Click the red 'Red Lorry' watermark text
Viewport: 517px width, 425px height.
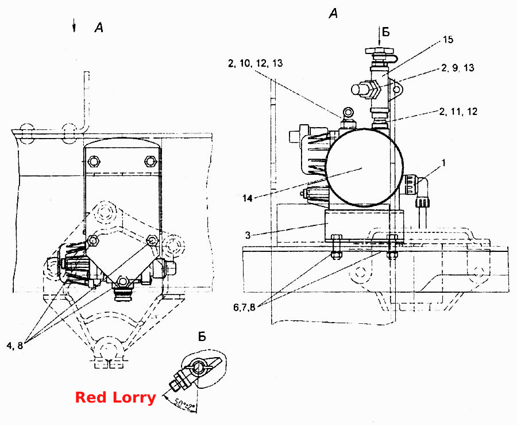(x=115, y=397)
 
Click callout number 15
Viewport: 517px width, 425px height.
(x=447, y=40)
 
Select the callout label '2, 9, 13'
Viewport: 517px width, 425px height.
(x=457, y=68)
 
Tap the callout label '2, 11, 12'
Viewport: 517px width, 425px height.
(x=458, y=112)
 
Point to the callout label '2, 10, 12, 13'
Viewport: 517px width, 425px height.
(x=255, y=63)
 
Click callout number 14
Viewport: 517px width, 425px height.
(x=247, y=198)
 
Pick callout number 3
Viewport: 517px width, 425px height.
(x=248, y=235)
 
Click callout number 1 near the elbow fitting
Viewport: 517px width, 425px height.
(x=444, y=163)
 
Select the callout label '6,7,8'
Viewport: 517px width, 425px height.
(x=244, y=307)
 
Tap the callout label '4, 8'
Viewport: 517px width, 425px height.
(x=15, y=346)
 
